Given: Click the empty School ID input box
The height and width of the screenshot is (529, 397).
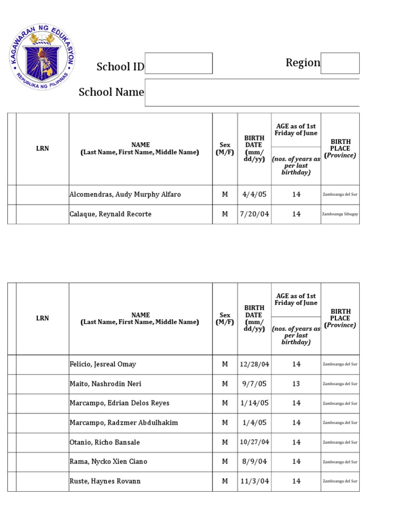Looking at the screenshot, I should point(178,64).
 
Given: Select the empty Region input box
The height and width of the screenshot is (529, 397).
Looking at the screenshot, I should point(340,63).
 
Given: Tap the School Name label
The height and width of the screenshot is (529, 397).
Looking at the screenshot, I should point(111,92).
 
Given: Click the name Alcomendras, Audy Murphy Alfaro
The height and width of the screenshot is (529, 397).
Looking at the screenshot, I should point(125,195).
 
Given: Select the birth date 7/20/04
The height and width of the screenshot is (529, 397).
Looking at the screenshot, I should point(254,214).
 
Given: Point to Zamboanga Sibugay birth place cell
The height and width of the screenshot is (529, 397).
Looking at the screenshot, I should point(340,214).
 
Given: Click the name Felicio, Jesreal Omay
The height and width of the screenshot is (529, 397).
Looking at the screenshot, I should point(103,364).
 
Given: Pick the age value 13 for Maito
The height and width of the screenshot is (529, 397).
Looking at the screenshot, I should point(296,384).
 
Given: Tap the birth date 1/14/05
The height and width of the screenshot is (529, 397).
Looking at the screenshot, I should point(254,403).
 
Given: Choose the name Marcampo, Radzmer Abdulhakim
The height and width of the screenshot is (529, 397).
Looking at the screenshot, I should point(124,423).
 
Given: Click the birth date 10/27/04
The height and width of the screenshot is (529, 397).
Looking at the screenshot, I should point(254,442).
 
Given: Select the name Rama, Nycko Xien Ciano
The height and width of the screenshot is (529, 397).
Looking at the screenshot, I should point(108,461).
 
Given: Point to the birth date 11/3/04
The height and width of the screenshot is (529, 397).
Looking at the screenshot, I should point(254,481).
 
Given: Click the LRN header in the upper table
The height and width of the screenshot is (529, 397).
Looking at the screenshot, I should point(42,149).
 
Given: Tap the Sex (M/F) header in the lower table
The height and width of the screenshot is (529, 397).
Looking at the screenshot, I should point(225,318).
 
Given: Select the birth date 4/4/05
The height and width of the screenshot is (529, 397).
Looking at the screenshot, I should point(254,195).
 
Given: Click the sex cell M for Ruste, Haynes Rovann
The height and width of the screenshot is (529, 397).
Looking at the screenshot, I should point(225,481).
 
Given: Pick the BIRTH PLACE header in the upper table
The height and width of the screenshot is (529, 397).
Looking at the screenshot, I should point(340,149).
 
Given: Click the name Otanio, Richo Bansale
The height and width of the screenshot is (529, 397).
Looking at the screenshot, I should point(104,442).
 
